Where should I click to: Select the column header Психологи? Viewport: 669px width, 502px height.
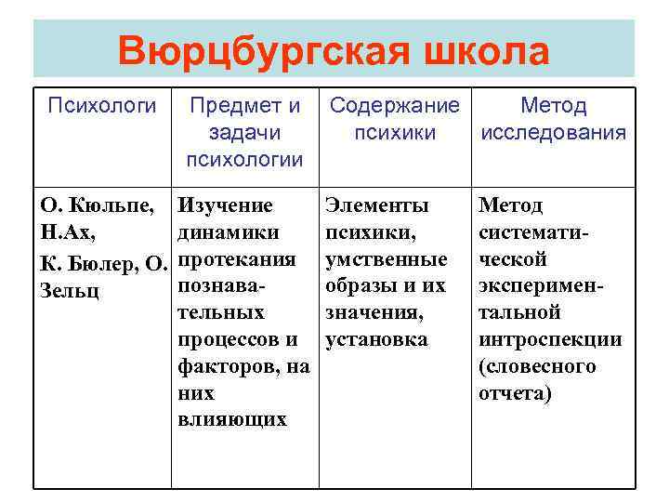pyautogui.click(x=102, y=107)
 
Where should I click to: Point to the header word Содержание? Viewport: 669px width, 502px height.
pyautogui.click(x=395, y=107)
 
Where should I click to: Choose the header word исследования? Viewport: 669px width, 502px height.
pyautogui.click(x=553, y=133)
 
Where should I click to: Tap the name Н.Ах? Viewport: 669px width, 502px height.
pyautogui.click(x=63, y=232)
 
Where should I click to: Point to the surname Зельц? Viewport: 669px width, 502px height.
pyautogui.click(x=70, y=290)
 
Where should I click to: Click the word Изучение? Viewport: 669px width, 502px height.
pyautogui.click(x=226, y=205)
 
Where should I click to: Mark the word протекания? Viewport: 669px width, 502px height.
pyautogui.click(x=236, y=259)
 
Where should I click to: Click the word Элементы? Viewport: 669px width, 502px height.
pyautogui.click(x=375, y=205)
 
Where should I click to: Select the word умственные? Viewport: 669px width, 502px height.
pyautogui.click(x=385, y=259)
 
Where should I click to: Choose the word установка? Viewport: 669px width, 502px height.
pyautogui.click(x=376, y=339)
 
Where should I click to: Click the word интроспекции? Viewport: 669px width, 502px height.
pyautogui.click(x=549, y=339)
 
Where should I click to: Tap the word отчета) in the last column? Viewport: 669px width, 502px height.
pyautogui.click(x=515, y=393)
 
